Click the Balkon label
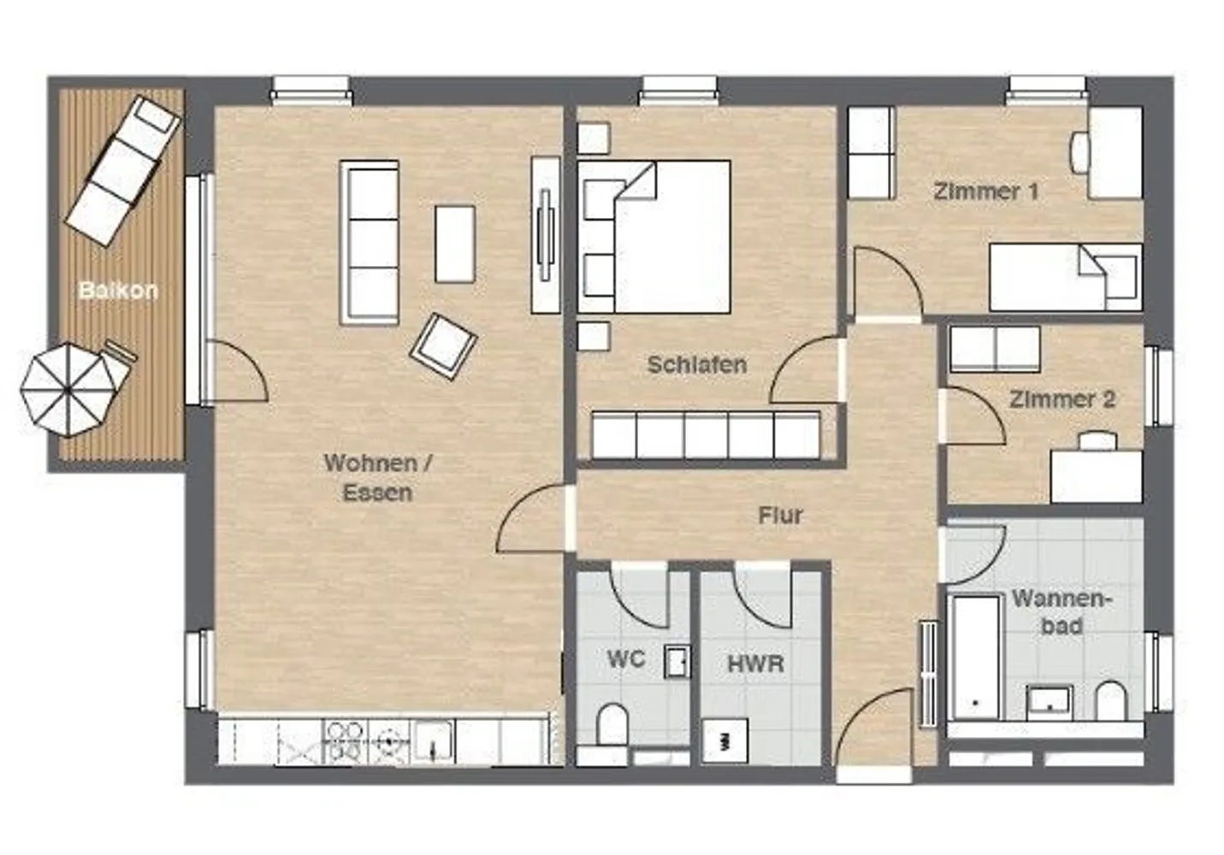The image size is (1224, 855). pyautogui.click(x=119, y=290)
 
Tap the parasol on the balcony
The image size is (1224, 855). pyautogui.click(x=68, y=390)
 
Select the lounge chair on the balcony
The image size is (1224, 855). pyautogui.click(x=123, y=171)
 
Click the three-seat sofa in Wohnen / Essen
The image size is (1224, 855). pyautogui.click(x=370, y=243)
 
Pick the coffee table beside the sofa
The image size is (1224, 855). pyautogui.click(x=455, y=244)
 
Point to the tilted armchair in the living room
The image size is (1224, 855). pyautogui.click(x=443, y=346)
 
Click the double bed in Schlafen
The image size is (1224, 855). pyautogui.click(x=654, y=237)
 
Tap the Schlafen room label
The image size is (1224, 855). pyautogui.click(x=697, y=365)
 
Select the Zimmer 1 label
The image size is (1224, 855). pyautogui.click(x=985, y=192)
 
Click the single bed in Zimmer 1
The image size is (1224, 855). pyautogui.click(x=1066, y=278)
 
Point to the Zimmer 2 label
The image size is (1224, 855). pyautogui.click(x=1062, y=399)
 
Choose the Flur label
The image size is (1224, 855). pyautogui.click(x=780, y=516)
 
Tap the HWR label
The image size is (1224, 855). pyautogui.click(x=756, y=663)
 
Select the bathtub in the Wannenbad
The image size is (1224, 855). pyautogui.click(x=976, y=657)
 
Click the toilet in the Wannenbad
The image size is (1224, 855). pyautogui.click(x=1111, y=701)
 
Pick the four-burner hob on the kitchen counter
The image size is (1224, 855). pyautogui.click(x=346, y=741)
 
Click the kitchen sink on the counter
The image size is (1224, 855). pyautogui.click(x=434, y=741)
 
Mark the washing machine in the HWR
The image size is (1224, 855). pyautogui.click(x=724, y=740)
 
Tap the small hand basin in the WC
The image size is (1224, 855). pyautogui.click(x=677, y=662)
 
